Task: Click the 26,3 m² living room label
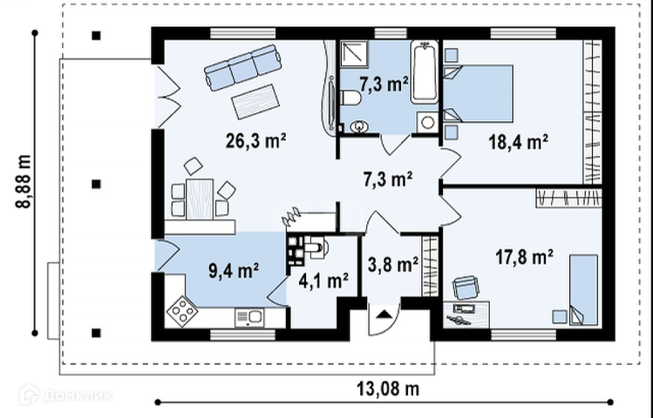[255, 140]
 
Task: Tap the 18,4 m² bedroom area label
[518, 142]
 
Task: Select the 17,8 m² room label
[524, 257]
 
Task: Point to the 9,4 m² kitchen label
[234, 270]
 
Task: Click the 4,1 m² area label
[323, 280]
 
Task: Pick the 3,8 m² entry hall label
[393, 264]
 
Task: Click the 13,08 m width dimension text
[388, 389]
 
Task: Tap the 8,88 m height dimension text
[24, 182]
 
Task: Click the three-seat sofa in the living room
[242, 67]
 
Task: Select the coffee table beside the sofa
[255, 102]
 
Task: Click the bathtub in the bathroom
[425, 72]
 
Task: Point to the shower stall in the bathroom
[355, 54]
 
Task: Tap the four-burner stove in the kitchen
[182, 311]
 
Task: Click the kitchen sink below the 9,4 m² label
[248, 318]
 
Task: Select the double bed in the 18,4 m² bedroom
[478, 93]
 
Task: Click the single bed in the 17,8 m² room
[583, 289]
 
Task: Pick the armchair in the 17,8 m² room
[466, 287]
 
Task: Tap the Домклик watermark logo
[65, 394]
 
